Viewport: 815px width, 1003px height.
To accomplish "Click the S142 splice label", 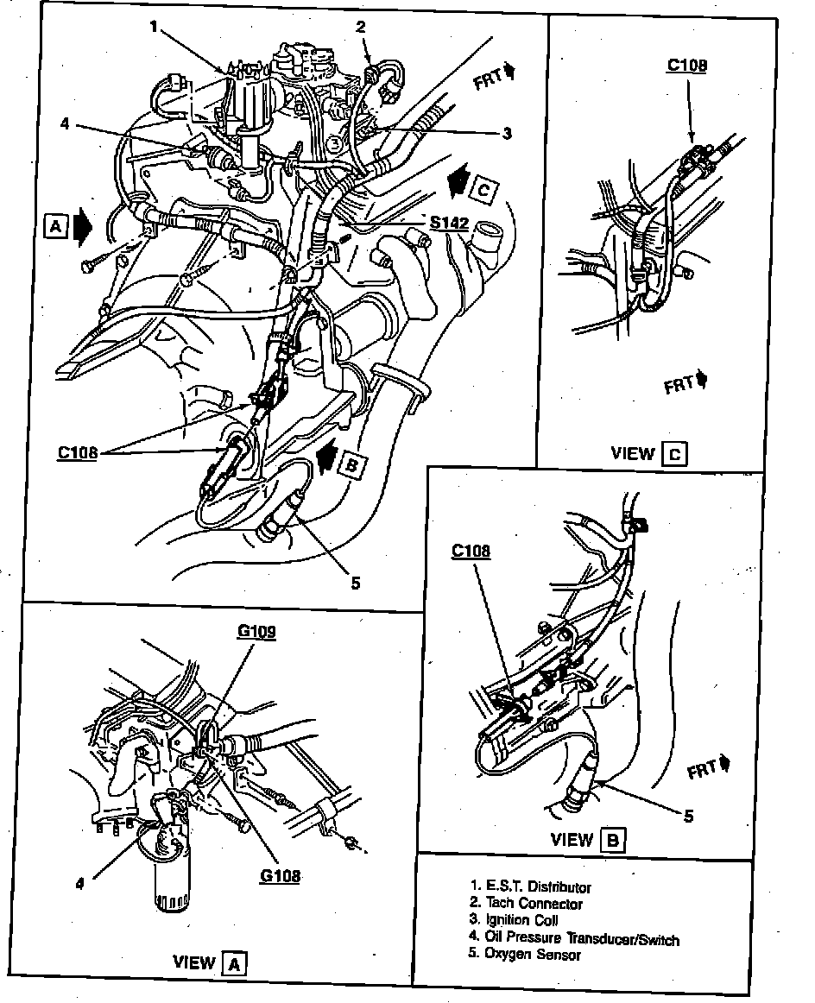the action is tap(450, 223).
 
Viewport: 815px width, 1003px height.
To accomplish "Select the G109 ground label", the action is tap(256, 632).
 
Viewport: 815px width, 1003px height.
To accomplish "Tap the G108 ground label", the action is tap(280, 875).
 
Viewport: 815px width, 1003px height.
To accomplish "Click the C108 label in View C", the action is tap(687, 65).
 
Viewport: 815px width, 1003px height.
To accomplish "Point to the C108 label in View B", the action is tap(471, 550).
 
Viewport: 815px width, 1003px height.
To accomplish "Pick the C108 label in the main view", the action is tap(77, 451).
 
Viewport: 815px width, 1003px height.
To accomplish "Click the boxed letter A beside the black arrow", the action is tap(55, 225).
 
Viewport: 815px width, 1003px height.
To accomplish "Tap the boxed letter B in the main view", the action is tap(351, 464).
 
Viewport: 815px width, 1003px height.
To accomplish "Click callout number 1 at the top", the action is tap(154, 27).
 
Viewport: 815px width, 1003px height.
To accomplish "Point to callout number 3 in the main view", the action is tap(507, 133).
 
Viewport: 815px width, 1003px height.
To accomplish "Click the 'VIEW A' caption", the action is tap(210, 962).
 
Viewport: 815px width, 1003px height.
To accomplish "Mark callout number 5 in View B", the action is tap(688, 815).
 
